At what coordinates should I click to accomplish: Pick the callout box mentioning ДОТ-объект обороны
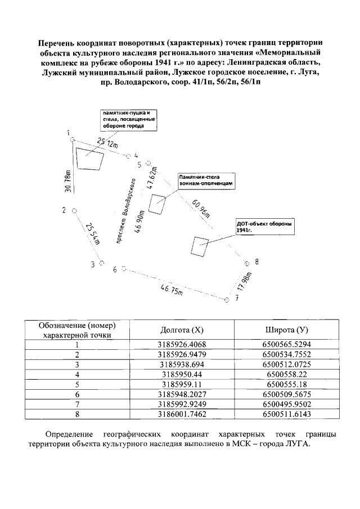[264, 227]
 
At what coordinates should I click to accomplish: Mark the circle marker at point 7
[227, 301]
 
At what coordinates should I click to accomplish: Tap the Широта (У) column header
[286, 330]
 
